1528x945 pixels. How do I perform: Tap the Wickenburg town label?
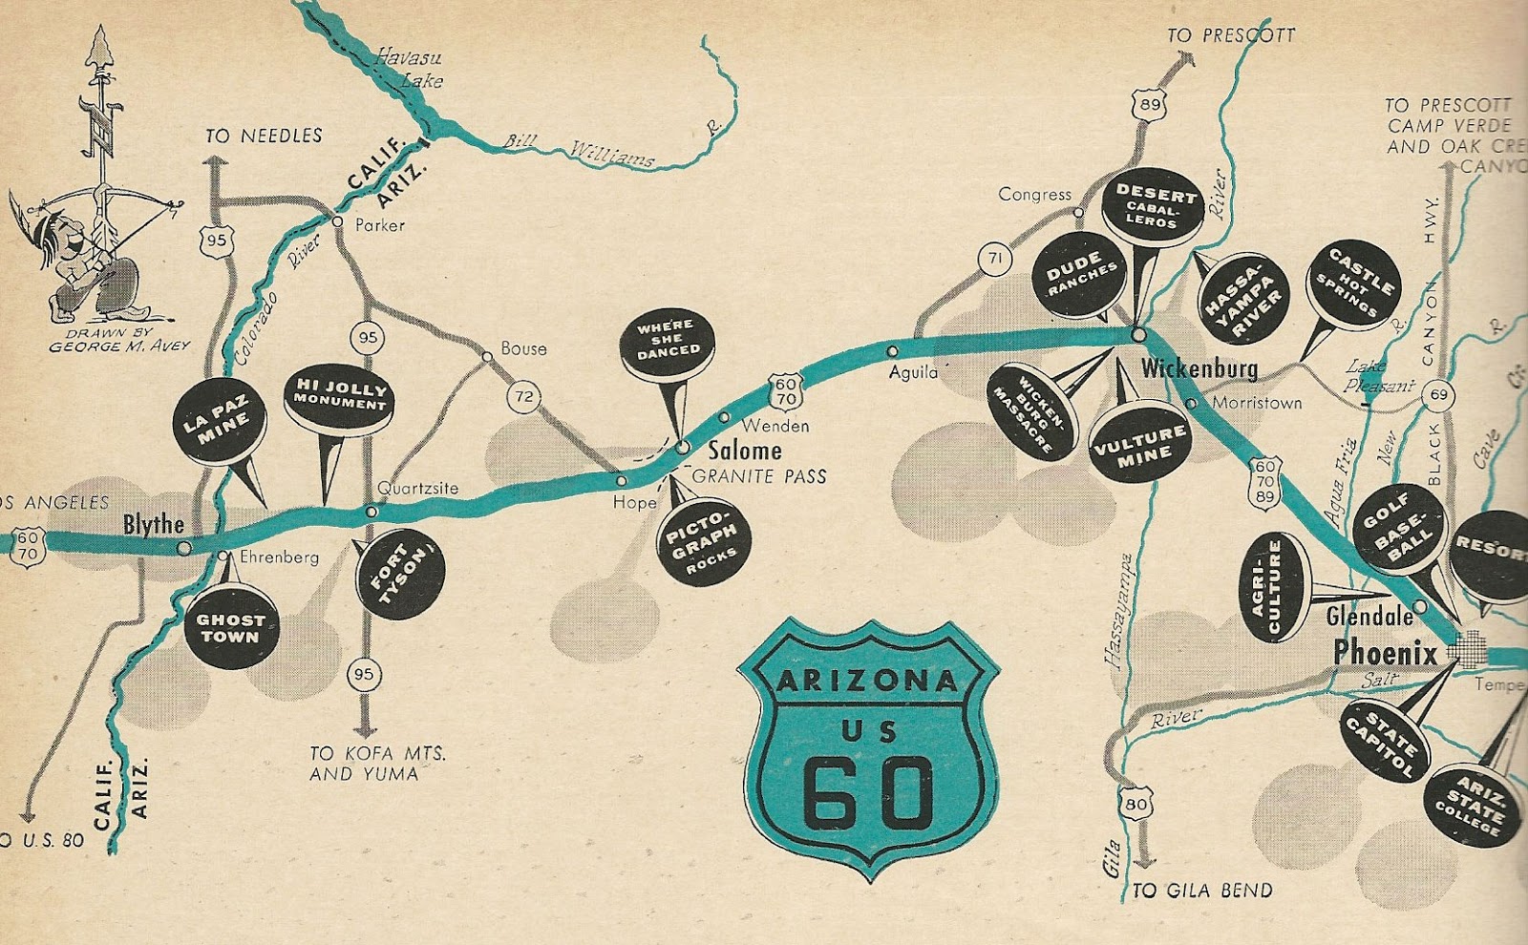click(1199, 367)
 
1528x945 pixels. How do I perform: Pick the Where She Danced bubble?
click(668, 340)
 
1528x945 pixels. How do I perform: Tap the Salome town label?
click(744, 450)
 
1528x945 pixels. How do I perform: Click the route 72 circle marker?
click(523, 396)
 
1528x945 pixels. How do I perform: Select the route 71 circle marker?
click(995, 258)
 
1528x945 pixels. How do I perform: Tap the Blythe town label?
click(153, 524)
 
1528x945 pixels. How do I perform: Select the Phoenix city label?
click(1385, 654)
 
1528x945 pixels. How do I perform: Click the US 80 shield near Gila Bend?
click(1135, 805)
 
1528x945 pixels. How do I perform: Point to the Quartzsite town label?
click(417, 488)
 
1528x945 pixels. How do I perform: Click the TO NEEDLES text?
click(264, 136)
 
